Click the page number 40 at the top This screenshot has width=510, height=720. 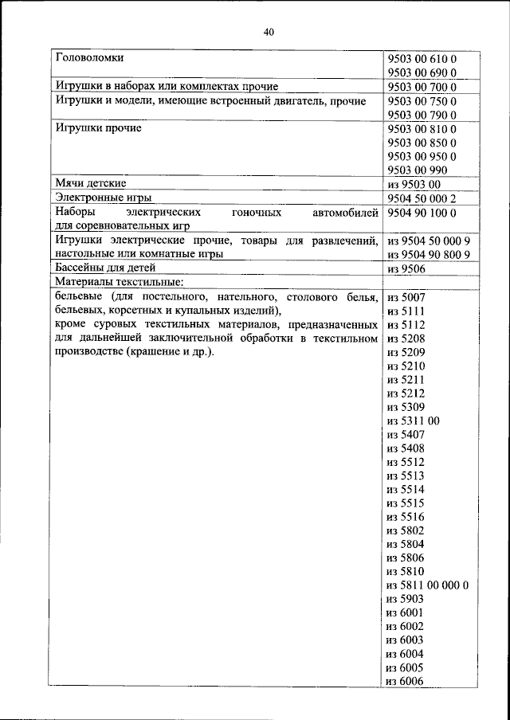point(268,32)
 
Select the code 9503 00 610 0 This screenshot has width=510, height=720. point(421,59)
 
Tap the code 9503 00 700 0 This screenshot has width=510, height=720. point(421,87)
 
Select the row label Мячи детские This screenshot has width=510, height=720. point(90,183)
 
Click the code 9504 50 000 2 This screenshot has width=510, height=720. point(421,198)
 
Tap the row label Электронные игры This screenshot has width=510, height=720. point(103,197)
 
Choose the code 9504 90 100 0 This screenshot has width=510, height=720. point(421,213)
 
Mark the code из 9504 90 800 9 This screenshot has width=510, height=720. point(427,254)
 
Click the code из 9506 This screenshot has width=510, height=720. point(403,268)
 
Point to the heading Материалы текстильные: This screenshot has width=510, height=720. point(120,282)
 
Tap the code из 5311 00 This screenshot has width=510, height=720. point(413,421)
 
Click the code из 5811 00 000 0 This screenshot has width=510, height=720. point(427,585)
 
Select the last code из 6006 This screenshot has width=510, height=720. point(404,681)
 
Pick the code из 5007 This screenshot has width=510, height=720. point(404,297)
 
